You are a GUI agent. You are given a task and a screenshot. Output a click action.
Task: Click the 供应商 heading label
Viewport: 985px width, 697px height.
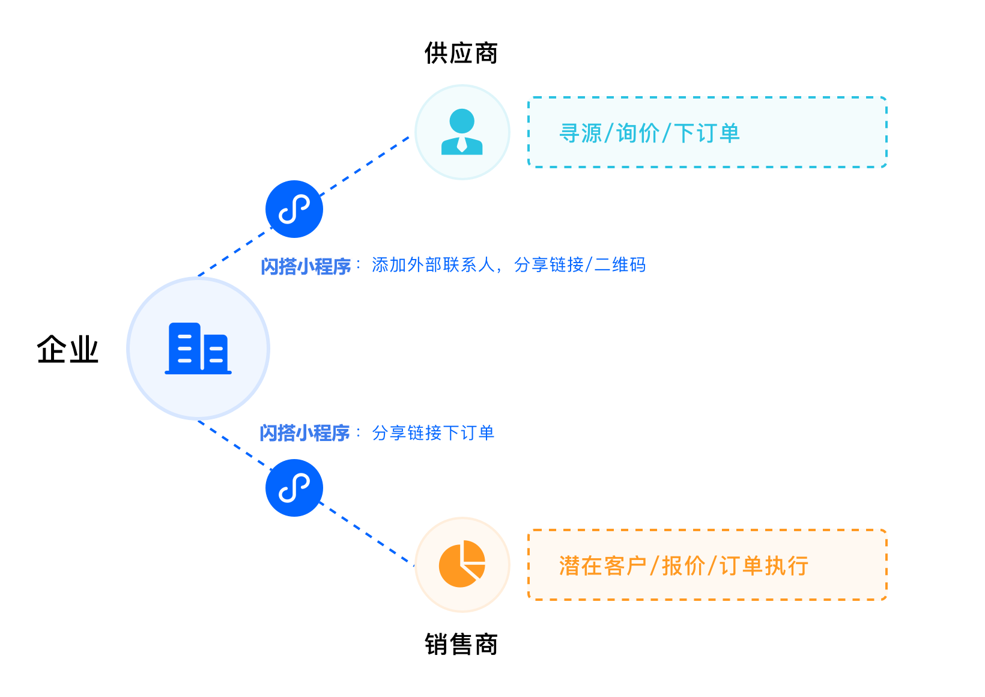tap(461, 53)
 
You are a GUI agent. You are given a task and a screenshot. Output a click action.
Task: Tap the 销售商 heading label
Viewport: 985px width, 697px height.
tap(461, 644)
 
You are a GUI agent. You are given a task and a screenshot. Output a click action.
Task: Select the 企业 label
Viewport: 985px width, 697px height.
tap(67, 349)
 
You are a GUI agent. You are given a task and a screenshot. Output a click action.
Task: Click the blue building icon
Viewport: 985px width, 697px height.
tap(198, 348)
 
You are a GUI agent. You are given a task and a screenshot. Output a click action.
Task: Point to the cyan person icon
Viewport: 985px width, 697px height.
tap(462, 132)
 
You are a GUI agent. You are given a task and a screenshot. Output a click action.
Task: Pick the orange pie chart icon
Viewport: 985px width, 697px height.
tap(462, 564)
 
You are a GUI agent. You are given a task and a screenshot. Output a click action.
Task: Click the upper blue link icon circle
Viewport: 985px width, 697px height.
tap(294, 209)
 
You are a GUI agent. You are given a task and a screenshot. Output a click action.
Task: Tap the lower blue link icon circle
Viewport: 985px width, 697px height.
tap(294, 488)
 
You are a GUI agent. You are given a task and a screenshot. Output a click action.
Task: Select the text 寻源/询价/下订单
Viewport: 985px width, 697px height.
tap(649, 133)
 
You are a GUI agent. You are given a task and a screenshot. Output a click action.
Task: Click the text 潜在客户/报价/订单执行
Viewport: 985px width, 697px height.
tap(683, 565)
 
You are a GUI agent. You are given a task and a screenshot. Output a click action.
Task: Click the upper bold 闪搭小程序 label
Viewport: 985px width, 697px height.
tap(306, 266)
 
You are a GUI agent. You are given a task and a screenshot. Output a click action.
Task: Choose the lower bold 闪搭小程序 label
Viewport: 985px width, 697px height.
tap(305, 433)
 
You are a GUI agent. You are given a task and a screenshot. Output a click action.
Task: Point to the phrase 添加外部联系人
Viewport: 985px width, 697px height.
tap(433, 265)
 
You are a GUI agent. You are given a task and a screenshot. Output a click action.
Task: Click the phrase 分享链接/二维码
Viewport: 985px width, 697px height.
tap(580, 265)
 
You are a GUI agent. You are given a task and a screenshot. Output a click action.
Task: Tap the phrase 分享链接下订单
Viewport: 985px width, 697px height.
tap(433, 433)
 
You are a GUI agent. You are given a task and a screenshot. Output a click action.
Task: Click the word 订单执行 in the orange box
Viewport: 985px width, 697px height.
tap(764, 565)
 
